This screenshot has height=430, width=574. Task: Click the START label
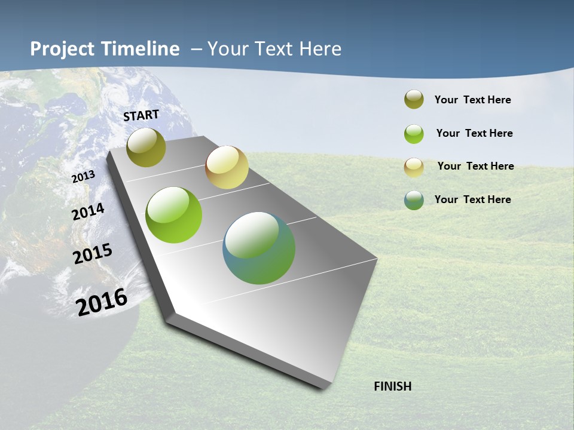[x=141, y=115]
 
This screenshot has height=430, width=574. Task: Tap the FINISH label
[x=393, y=386]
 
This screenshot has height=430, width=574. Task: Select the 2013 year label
[x=84, y=177]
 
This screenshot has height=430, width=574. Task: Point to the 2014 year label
[x=88, y=211]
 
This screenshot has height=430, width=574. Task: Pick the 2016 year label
[x=102, y=302]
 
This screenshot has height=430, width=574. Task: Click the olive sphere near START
[x=146, y=148]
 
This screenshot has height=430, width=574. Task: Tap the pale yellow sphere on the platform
[x=227, y=167]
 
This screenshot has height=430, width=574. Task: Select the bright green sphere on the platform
[x=174, y=215]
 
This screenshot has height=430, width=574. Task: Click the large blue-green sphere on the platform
[x=259, y=248]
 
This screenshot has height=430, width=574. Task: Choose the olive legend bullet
[x=414, y=100]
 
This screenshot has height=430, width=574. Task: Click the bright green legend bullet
[x=414, y=134]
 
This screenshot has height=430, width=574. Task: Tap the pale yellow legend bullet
[x=414, y=167]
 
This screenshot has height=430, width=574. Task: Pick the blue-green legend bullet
[x=414, y=200]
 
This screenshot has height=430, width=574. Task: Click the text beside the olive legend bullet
[x=472, y=100]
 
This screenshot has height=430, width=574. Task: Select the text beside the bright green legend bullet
[x=474, y=133]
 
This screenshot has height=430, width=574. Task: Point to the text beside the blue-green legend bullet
[x=472, y=199]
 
